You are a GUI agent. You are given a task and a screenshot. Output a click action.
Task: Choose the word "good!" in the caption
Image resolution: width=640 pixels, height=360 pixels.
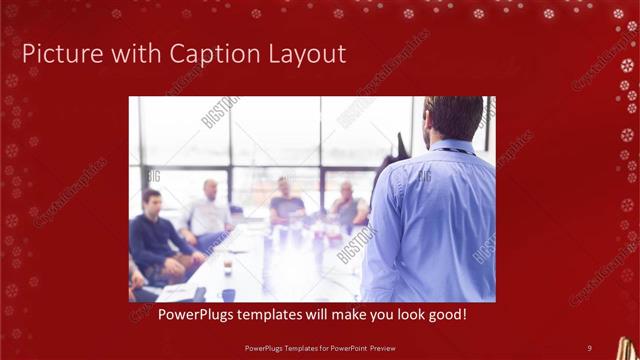[445, 315]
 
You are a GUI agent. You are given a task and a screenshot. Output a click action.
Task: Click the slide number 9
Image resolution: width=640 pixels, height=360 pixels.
[589, 347]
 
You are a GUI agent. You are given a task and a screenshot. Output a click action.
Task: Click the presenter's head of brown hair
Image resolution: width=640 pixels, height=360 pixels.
[455, 117]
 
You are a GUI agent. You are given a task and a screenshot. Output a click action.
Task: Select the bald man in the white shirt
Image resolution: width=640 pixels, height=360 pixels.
[209, 210]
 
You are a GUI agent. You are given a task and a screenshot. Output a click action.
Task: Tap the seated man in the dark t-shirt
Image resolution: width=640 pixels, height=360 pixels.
[286, 205]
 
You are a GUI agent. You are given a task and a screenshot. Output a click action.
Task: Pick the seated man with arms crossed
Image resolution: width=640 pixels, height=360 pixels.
[347, 207]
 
